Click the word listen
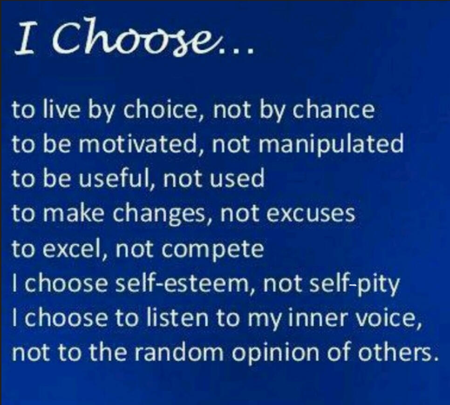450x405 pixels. [167, 318]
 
